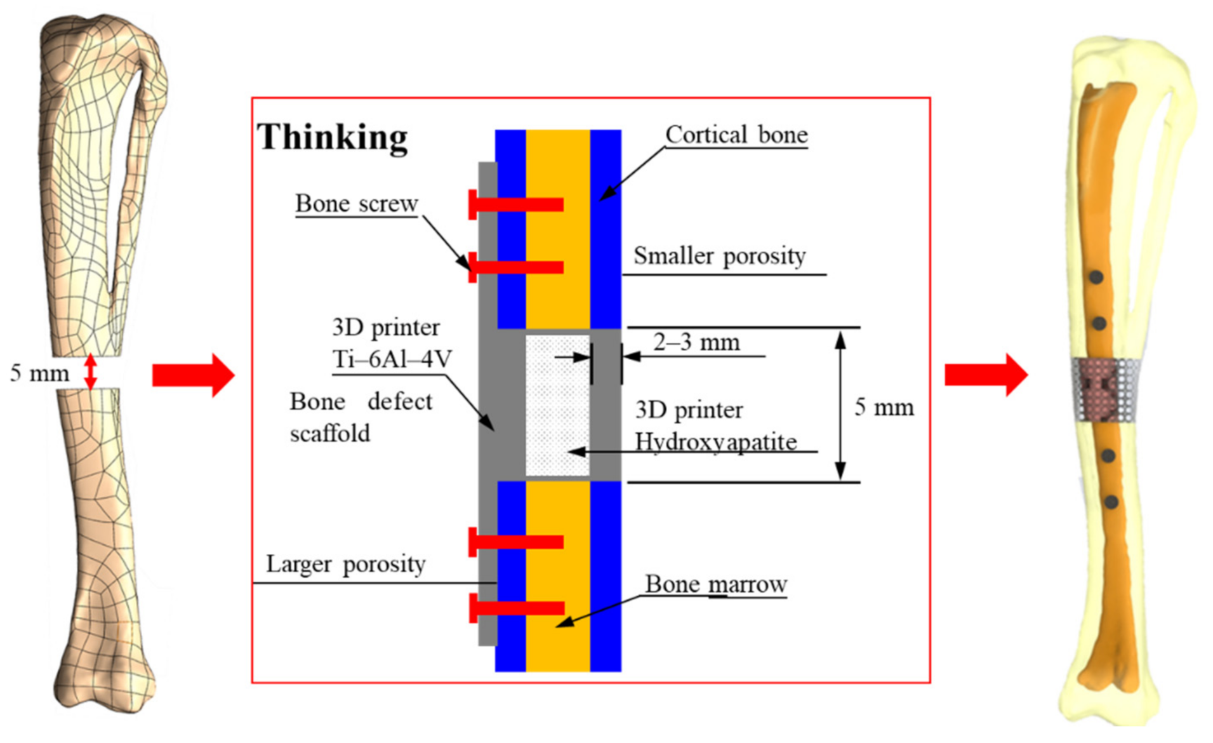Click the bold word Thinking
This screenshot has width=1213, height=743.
point(332,137)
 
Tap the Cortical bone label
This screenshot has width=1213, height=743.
point(736,135)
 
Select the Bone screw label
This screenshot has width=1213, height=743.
point(356,203)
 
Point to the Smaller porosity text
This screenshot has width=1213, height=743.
point(719,255)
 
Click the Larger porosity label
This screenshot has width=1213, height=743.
point(345,563)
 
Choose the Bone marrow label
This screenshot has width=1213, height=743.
point(715,584)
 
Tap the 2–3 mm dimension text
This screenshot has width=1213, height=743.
point(696,342)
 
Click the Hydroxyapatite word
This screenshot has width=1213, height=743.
point(715,441)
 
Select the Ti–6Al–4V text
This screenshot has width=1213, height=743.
point(392,359)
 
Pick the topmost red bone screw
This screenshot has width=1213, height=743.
point(515,204)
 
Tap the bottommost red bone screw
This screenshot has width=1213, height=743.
point(516,608)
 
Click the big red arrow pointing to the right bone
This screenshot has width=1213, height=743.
point(985,375)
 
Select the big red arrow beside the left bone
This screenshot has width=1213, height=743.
point(193,375)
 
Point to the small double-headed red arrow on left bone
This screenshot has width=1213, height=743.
point(91,371)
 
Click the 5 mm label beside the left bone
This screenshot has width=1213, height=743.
point(39,373)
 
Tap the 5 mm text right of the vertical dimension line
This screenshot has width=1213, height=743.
point(884,407)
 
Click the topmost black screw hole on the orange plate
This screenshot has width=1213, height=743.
point(1096,277)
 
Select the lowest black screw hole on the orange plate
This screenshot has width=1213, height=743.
point(1111,502)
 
